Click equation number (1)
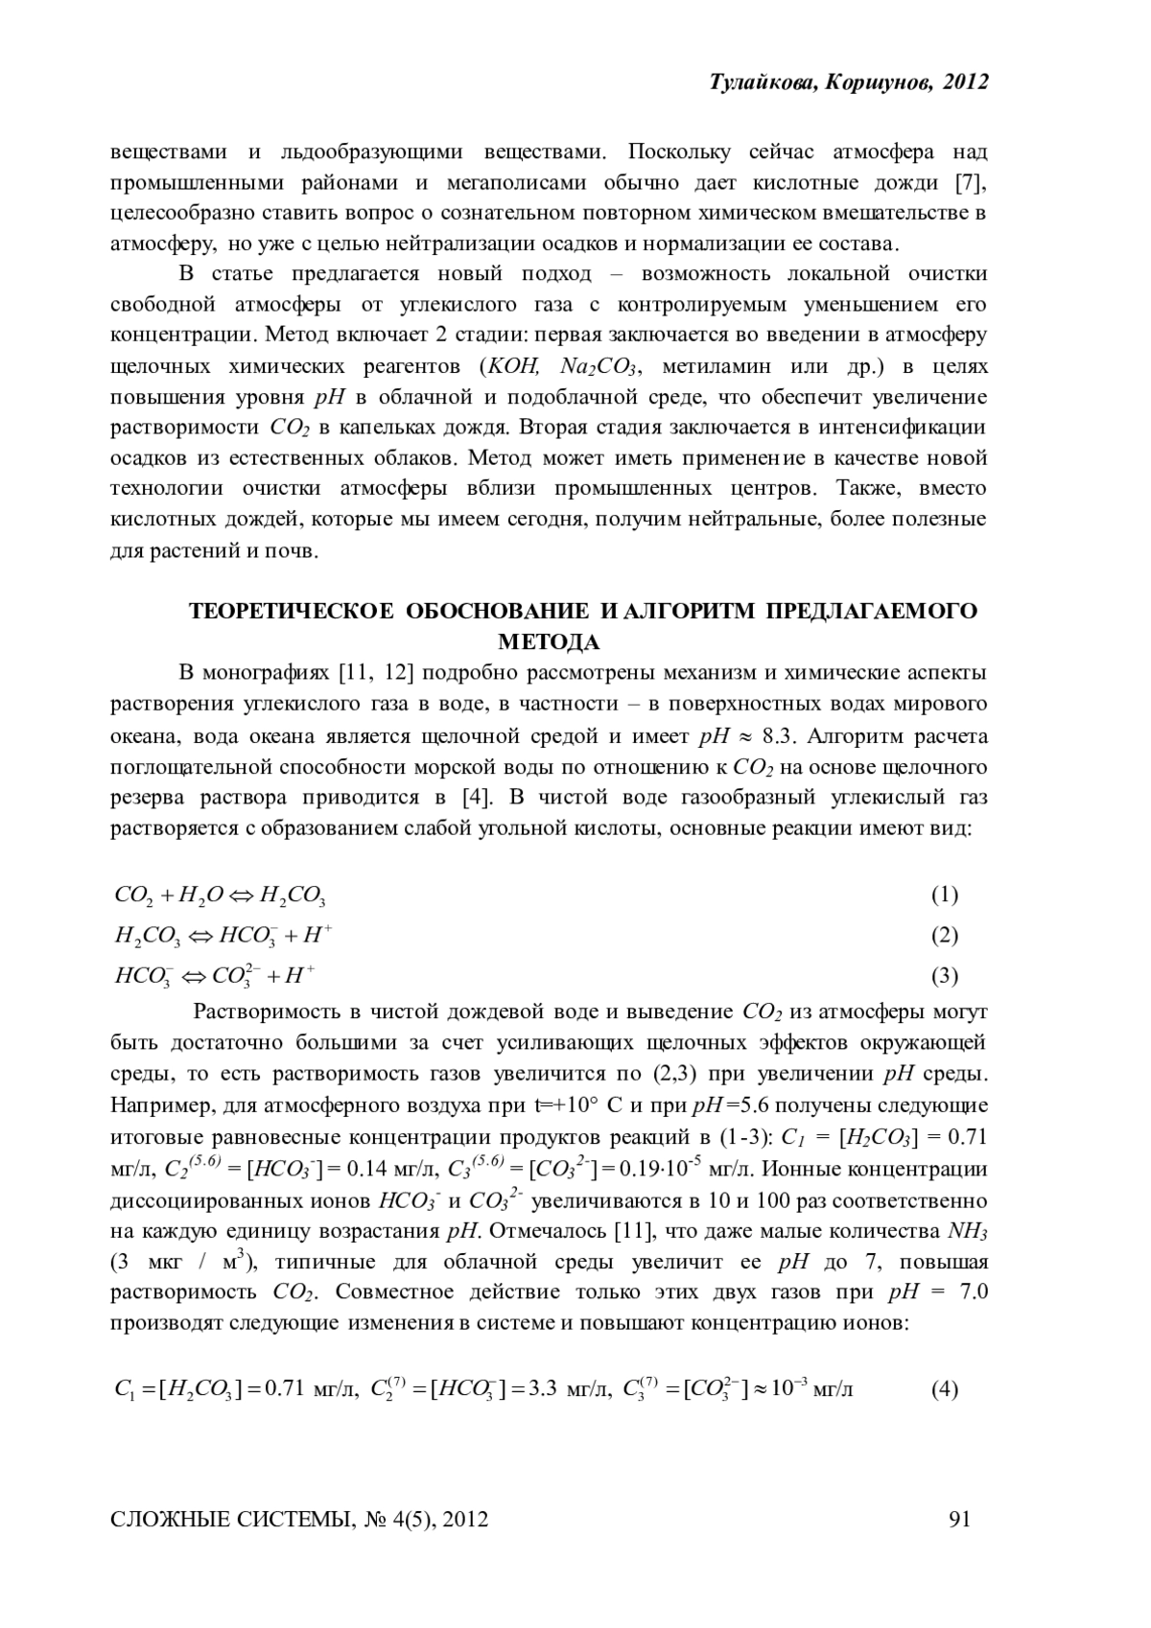point(944,895)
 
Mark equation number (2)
point(944,935)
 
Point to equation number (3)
point(944,976)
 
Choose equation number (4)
point(944,1388)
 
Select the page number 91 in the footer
point(960,1519)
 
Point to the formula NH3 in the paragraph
point(967,1231)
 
